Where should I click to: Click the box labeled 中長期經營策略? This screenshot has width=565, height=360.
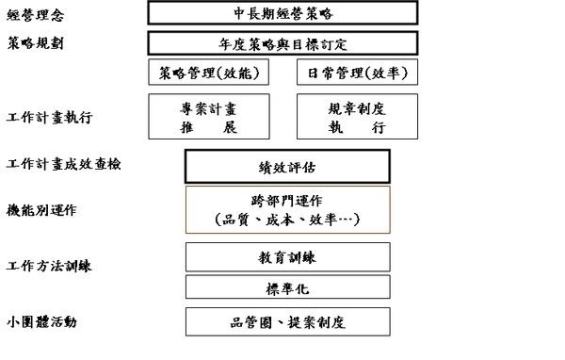(282, 13)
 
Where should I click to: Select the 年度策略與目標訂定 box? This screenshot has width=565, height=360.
(282, 43)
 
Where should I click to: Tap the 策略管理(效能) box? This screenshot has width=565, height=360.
(209, 73)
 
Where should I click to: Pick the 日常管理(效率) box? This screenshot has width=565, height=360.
(357, 73)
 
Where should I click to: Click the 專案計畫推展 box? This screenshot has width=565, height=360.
(209, 117)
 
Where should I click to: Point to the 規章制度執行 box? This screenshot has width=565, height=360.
(357, 117)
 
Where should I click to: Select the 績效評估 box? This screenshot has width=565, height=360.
(287, 167)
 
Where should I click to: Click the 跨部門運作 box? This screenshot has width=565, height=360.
(287, 209)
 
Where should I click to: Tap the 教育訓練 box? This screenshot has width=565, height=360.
(287, 257)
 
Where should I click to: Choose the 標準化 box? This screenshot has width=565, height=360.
(287, 287)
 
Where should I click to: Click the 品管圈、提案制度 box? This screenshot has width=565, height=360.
(287, 321)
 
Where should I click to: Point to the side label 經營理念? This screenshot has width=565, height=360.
(36, 15)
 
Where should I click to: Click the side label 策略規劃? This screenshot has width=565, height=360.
(36, 43)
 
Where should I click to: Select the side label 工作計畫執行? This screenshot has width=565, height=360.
(49, 118)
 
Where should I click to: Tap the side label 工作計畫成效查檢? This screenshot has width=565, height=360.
(63, 164)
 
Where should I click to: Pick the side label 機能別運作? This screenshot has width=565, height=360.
(41, 210)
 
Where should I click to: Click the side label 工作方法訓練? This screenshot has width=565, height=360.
(49, 266)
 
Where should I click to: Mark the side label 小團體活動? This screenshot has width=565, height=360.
(41, 321)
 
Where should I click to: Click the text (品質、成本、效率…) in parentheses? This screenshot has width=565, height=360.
(287, 220)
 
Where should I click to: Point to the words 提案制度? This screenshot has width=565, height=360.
(316, 322)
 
